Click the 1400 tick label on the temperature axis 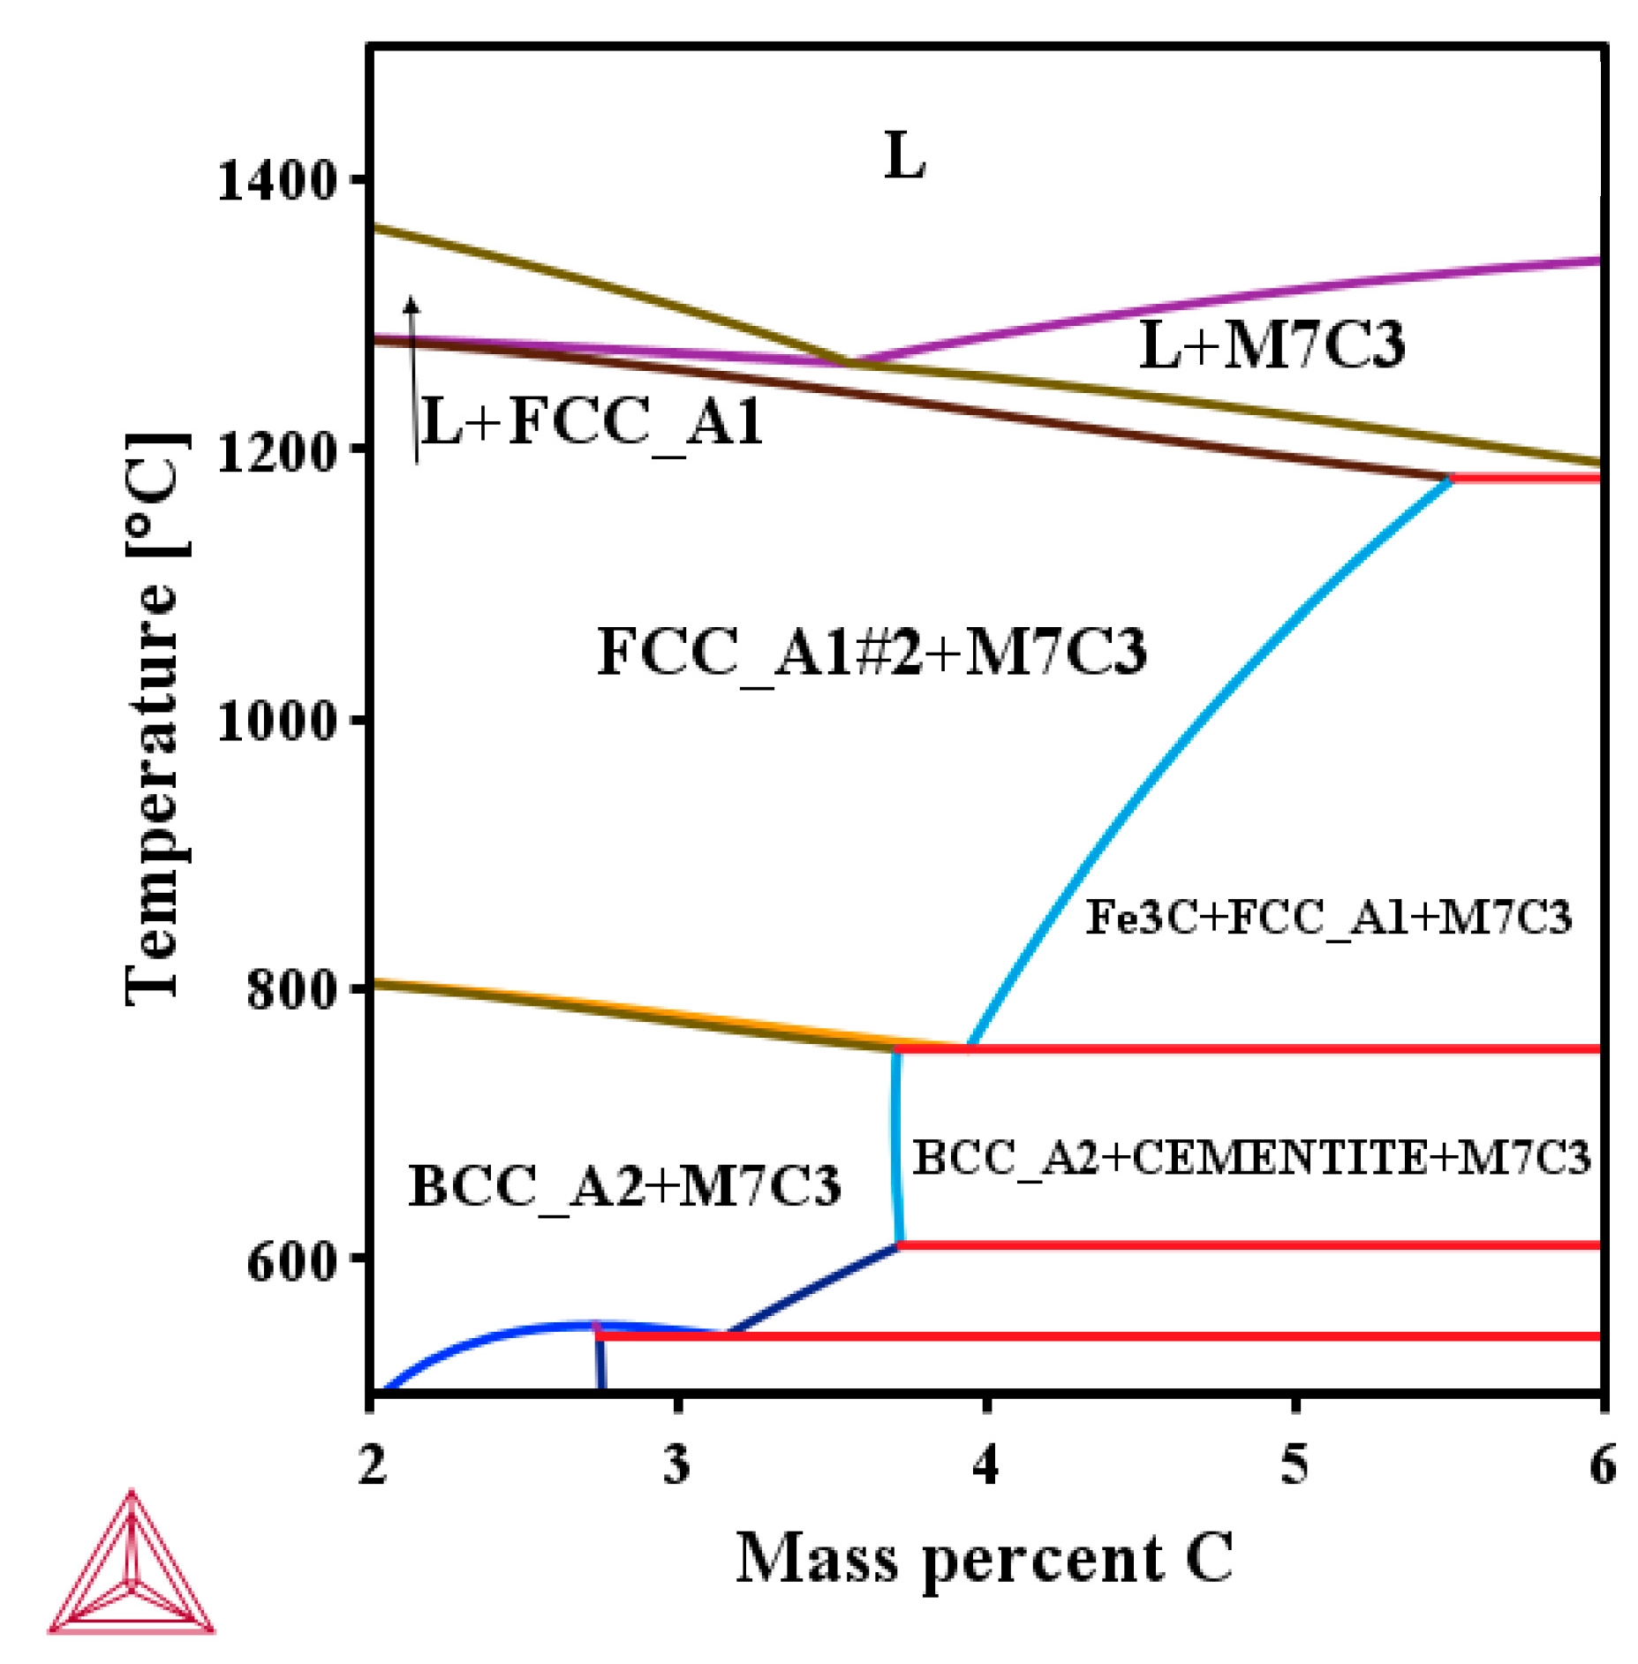(x=277, y=180)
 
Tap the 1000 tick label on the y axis (x=277, y=721)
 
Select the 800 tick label (x=292, y=988)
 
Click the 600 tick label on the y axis (x=292, y=1260)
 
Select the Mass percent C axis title (x=984, y=1558)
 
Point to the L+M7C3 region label (x=1271, y=344)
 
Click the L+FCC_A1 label (x=593, y=422)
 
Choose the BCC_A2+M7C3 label (x=624, y=1185)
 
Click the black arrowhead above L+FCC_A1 (x=411, y=306)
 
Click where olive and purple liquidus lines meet (x=849, y=362)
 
